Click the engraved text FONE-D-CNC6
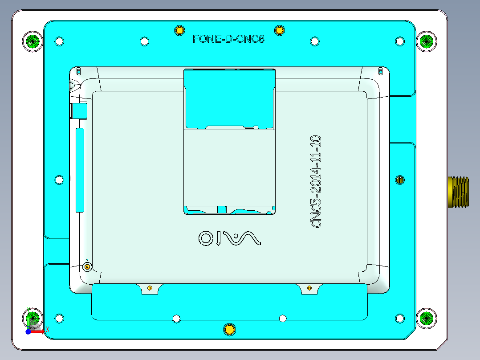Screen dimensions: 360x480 [228, 39]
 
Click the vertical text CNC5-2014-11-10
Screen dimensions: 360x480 [316, 182]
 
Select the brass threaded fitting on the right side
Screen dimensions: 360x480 [458, 192]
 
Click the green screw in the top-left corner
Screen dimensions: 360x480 [33, 41]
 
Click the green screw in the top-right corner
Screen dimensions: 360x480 [426, 41]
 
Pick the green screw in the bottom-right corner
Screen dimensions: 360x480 [426, 318]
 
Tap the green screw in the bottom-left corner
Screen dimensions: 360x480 [33, 318]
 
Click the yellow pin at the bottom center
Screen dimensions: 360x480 [229, 329]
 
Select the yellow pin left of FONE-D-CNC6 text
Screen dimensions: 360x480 [179, 30]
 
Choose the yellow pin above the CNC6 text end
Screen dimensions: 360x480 [279, 30]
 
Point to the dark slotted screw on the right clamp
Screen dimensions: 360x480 [400, 180]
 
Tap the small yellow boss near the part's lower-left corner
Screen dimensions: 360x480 [87, 266]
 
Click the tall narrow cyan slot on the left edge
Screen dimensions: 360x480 [80, 170]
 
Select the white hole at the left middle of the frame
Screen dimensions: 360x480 [59, 180]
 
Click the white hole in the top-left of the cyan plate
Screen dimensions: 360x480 [59, 41]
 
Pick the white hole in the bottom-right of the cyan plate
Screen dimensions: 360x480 [400, 318]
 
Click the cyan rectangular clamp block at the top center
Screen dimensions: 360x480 [229, 99]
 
